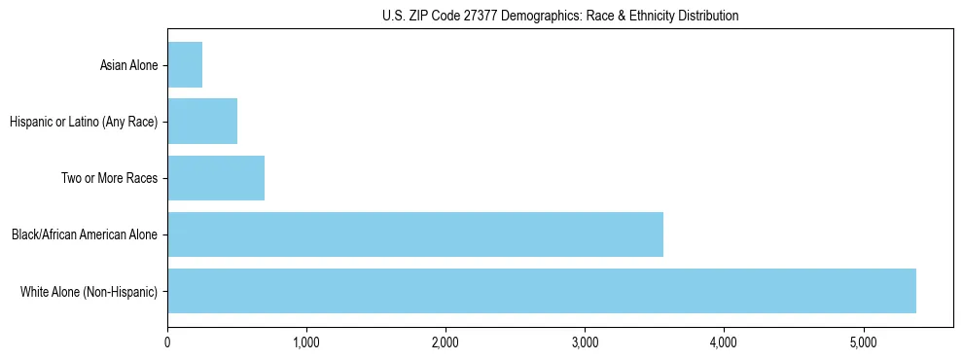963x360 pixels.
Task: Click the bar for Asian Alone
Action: tap(185, 65)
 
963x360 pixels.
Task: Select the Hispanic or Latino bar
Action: tap(202, 122)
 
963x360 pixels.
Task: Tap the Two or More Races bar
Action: tap(216, 178)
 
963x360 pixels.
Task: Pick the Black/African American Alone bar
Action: tap(415, 234)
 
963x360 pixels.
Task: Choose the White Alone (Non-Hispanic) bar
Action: tap(542, 291)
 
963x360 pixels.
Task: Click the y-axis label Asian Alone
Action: tap(128, 65)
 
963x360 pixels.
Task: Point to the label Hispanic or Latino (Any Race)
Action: tap(83, 122)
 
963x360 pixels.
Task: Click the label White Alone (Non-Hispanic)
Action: tap(89, 291)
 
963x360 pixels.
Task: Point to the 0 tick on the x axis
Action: tap(167, 342)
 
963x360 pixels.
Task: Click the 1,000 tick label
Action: tap(306, 342)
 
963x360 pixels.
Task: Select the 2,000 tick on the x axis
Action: tap(446, 342)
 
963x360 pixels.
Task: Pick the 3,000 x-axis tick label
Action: tap(585, 342)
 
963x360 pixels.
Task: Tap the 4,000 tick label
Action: tap(724, 342)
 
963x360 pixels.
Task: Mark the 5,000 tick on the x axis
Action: tap(863, 342)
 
